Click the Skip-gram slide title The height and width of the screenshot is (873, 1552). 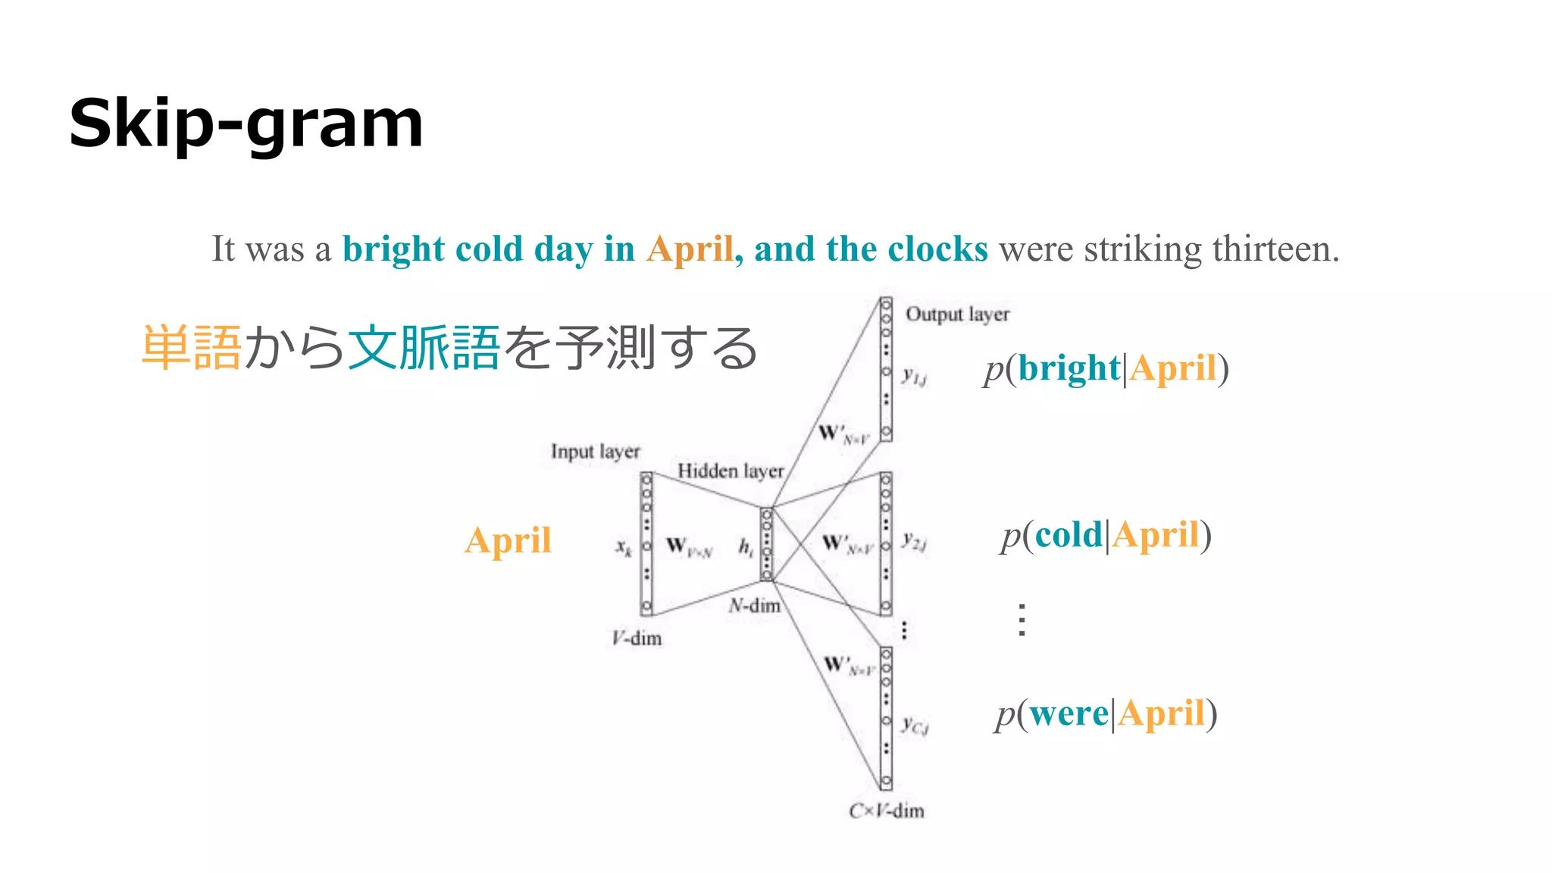click(246, 124)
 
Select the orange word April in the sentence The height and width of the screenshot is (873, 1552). click(689, 249)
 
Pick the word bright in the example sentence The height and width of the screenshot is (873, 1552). click(393, 249)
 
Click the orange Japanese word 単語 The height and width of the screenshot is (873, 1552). click(192, 348)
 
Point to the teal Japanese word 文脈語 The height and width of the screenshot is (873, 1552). click(424, 348)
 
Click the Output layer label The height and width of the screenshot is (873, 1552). click(957, 314)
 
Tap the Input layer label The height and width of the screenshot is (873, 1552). click(595, 451)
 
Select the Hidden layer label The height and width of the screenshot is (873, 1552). click(730, 471)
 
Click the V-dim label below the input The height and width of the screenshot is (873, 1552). click(637, 638)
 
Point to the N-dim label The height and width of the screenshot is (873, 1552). click(754, 605)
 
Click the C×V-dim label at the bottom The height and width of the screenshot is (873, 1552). click(886, 811)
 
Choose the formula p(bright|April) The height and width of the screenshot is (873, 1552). click(1106, 369)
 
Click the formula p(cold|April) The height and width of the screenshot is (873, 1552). click(1106, 535)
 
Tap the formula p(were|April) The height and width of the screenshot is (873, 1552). click(1106, 714)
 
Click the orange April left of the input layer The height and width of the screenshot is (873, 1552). click(508, 540)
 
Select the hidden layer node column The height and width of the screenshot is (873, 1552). click(766, 544)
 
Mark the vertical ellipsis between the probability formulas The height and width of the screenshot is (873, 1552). click(1022, 620)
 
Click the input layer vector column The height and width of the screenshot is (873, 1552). click(646, 543)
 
